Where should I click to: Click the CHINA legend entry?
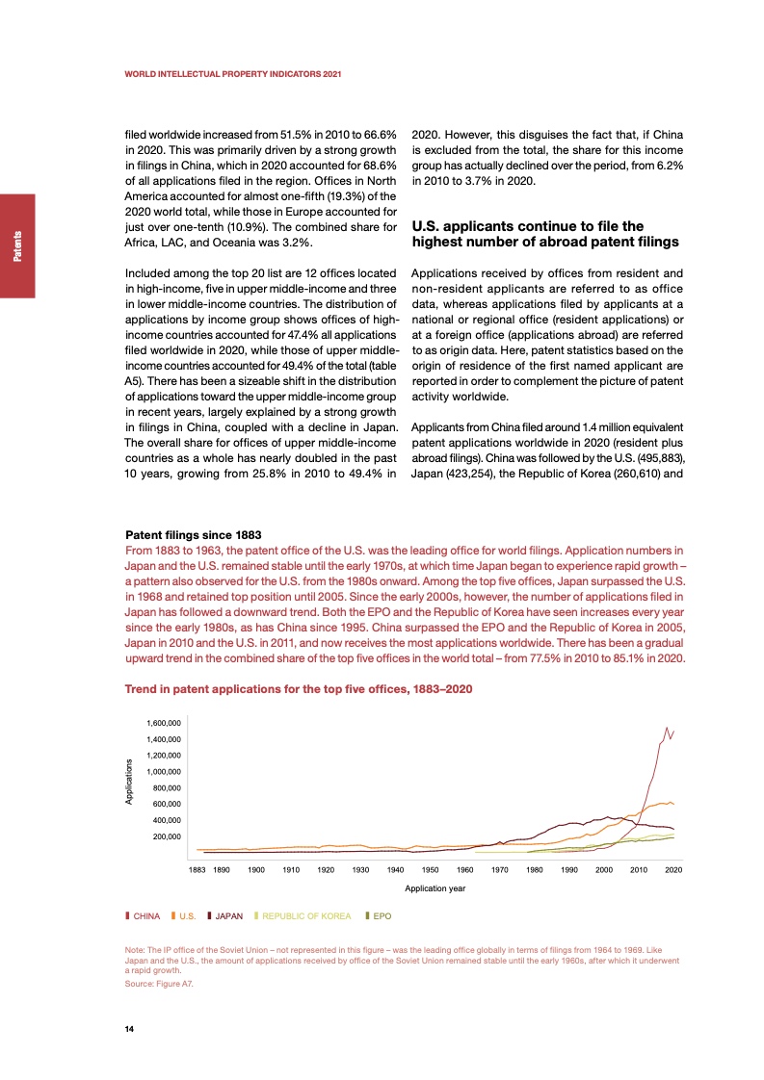coord(145,916)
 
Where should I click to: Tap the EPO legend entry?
coord(381,916)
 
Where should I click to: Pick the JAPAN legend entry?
coord(227,916)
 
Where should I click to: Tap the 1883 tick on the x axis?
coord(197,870)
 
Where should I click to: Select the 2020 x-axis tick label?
coord(673,870)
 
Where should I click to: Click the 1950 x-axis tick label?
coord(430,870)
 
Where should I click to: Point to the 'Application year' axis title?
coord(435,888)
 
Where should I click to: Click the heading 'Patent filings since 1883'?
coord(194,534)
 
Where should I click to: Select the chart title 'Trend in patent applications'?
coord(299,689)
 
